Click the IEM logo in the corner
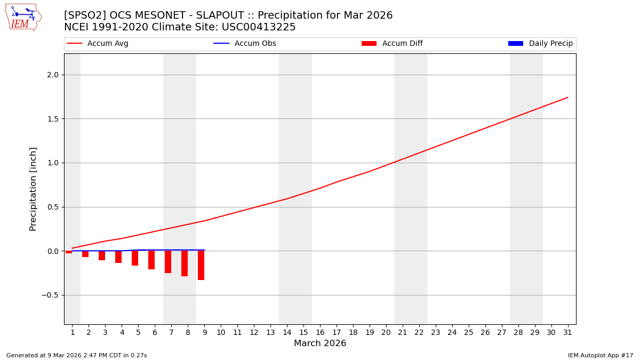[23, 17]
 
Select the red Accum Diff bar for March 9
[201, 265]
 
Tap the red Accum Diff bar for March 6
[151, 260]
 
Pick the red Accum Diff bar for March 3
[102, 255]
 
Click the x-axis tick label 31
[567, 332]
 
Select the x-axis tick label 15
[303, 332]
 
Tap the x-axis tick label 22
[419, 332]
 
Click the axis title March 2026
[320, 343]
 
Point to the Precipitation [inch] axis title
[33, 189]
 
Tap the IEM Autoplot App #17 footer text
[601, 355]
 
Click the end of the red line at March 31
[567, 97]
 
